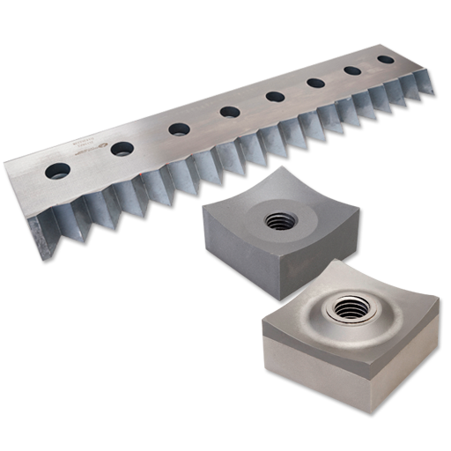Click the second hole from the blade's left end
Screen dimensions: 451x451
point(122,148)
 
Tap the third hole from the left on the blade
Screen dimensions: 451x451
point(179,129)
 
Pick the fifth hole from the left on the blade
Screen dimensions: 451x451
point(275,97)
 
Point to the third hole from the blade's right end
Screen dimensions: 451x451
point(315,84)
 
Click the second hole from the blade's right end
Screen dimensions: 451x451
point(352,71)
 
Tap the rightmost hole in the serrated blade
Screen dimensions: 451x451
point(385,61)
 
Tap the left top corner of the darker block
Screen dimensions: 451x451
point(204,210)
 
